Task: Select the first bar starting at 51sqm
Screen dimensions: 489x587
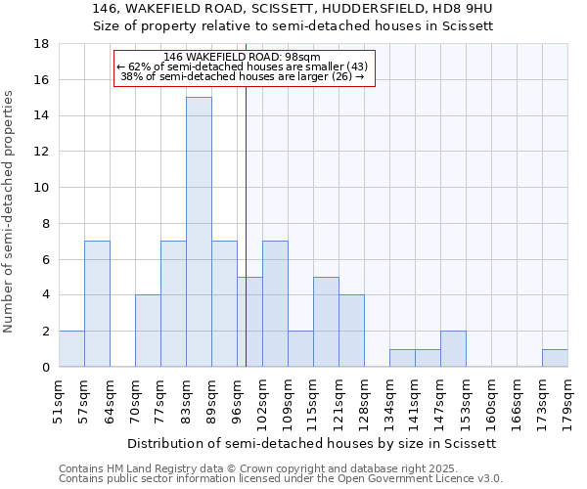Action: (71, 349)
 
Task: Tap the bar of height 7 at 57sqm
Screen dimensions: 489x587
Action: (97, 304)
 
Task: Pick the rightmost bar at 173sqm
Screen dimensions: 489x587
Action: (555, 358)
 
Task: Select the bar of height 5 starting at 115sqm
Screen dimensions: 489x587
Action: (326, 322)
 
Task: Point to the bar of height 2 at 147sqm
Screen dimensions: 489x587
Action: (453, 349)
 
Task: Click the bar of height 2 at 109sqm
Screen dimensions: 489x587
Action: (300, 349)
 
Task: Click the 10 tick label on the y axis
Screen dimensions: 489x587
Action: (41, 188)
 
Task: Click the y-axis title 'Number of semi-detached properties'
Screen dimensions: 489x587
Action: (10, 211)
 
